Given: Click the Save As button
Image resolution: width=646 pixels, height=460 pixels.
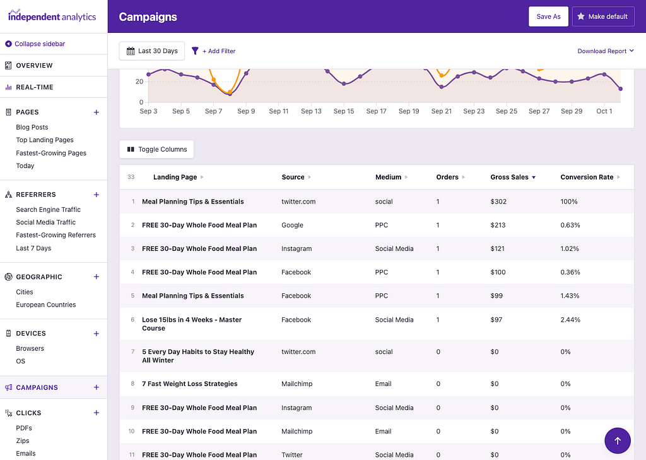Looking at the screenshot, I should click(x=548, y=16).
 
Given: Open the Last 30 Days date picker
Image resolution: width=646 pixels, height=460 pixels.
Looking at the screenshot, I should click(x=152, y=51).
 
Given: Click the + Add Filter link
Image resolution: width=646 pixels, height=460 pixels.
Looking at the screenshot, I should click(x=214, y=51).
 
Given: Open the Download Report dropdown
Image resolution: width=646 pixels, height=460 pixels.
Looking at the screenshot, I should click(x=606, y=51).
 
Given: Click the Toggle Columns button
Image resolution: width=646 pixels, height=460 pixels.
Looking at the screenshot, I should click(x=157, y=150).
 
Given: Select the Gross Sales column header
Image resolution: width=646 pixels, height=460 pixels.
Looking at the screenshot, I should click(x=510, y=178).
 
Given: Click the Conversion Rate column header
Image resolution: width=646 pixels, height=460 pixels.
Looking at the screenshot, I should click(x=587, y=178).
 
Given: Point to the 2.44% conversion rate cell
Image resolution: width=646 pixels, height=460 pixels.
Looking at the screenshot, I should click(x=570, y=320).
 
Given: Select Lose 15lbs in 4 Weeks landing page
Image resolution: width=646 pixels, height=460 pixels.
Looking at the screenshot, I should click(x=192, y=324).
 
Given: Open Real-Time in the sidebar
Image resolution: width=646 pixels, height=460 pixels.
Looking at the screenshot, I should click(x=34, y=87).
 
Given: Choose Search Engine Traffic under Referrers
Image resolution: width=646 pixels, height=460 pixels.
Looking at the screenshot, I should click(x=48, y=210).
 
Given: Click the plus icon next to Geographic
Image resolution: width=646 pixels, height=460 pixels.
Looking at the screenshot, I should click(x=97, y=277).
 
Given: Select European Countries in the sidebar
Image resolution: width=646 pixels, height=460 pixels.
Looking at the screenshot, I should click(x=45, y=305).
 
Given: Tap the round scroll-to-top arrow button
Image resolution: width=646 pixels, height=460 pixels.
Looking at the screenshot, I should click(x=617, y=440).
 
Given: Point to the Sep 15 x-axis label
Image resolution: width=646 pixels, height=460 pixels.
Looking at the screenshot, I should click(x=344, y=111).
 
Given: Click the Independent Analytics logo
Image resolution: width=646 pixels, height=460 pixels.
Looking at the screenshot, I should click(x=52, y=16).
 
